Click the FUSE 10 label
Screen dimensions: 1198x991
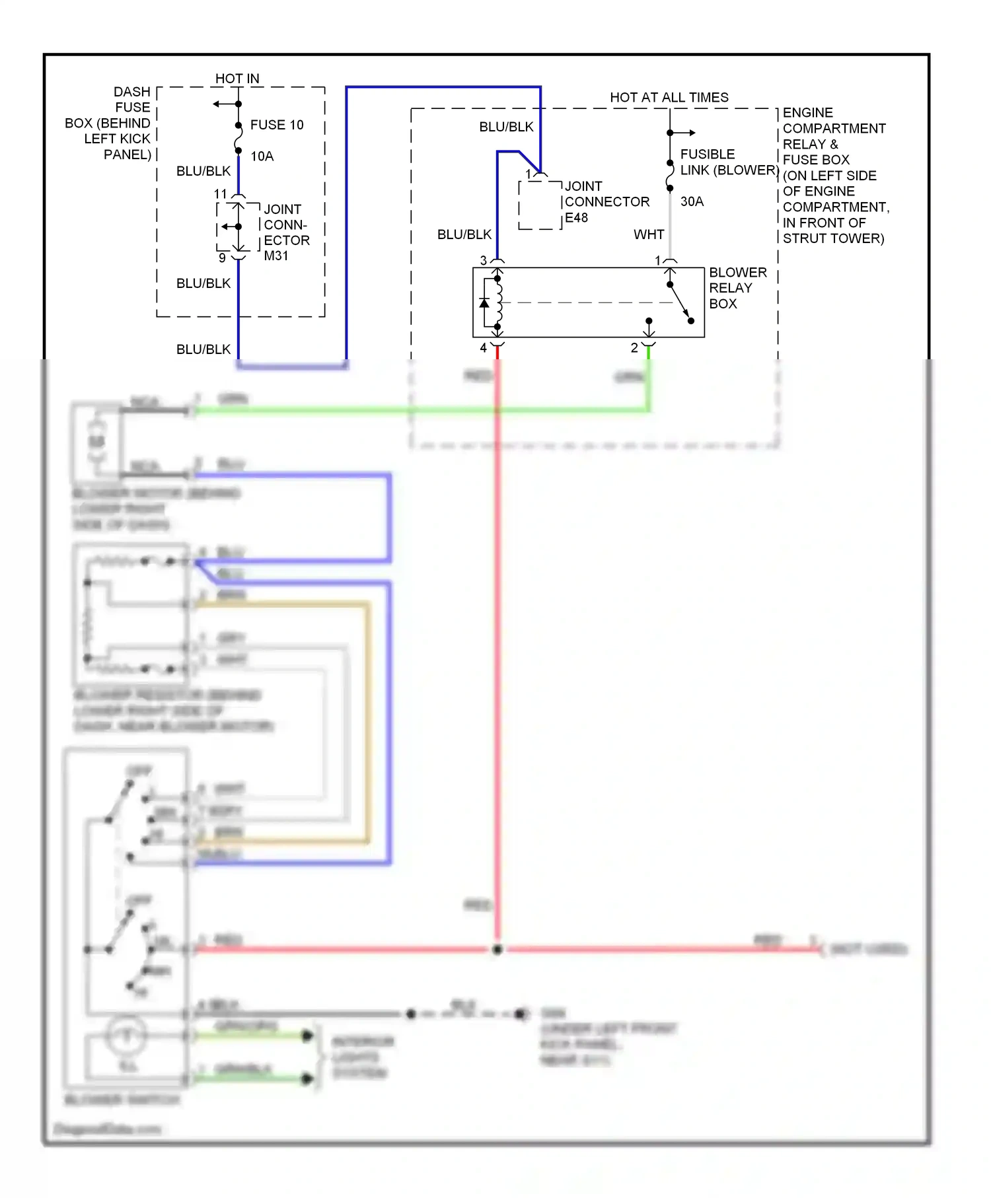click(x=276, y=125)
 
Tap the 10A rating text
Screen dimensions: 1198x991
click(x=262, y=157)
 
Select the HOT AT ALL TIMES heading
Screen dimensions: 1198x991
click(x=669, y=97)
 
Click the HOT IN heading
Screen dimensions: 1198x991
click(x=237, y=79)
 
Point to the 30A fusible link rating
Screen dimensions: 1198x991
click(x=692, y=201)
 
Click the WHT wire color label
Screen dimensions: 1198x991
click(x=649, y=234)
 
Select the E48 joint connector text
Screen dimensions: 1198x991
click(x=576, y=218)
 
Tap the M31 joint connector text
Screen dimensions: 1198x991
click(x=276, y=256)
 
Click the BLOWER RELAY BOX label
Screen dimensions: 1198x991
click(x=737, y=288)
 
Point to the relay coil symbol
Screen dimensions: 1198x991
click(x=499, y=303)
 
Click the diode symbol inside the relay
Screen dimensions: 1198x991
click(x=484, y=303)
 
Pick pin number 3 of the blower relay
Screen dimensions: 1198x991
click(x=484, y=260)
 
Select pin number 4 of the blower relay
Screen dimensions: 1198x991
click(x=483, y=347)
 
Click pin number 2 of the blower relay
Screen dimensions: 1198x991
click(x=634, y=347)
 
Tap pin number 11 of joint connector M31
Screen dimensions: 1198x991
click(x=221, y=194)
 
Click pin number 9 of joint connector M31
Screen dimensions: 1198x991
click(x=222, y=258)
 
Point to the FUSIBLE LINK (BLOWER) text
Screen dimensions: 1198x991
click(x=729, y=162)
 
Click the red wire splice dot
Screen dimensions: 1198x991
click(x=497, y=949)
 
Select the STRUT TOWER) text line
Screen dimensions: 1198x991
click(x=833, y=238)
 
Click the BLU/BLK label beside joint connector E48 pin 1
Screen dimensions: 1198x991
click(x=506, y=127)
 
